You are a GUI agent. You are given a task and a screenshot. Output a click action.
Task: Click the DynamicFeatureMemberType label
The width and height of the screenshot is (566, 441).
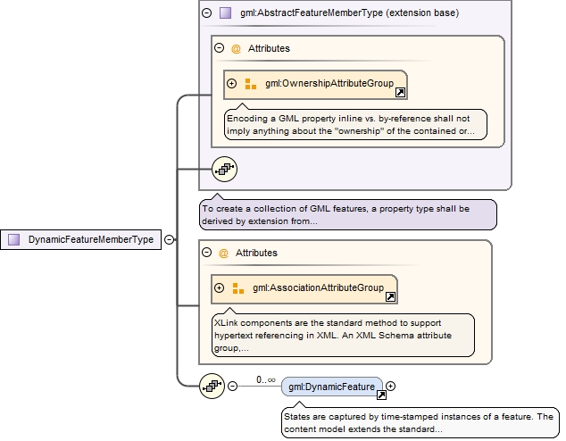(89, 239)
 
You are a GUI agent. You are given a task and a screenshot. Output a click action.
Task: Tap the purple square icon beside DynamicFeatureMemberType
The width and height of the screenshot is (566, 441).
(14, 239)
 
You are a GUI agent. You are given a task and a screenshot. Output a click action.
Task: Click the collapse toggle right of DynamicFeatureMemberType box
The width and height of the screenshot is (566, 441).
(169, 239)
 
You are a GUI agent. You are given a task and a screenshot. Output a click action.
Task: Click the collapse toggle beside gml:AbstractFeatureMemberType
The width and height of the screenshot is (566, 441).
(207, 13)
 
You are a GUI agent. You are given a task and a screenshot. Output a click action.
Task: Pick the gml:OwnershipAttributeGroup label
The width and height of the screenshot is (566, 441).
(329, 84)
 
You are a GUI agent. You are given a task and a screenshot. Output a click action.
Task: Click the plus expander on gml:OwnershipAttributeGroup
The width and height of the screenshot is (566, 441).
(232, 84)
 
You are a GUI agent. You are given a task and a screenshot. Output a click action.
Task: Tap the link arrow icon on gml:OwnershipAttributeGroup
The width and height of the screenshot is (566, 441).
(400, 92)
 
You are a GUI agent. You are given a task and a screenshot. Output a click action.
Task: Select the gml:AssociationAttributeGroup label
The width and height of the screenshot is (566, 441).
(317, 288)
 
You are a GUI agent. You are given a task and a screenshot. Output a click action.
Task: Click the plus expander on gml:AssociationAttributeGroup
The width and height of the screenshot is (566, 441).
(220, 288)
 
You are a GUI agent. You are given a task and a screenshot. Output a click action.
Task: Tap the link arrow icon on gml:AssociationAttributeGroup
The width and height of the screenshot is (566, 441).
(390, 296)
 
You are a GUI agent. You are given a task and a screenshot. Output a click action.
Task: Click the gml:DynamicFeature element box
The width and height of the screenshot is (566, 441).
(331, 387)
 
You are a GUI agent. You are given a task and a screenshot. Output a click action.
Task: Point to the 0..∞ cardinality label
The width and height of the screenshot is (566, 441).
(265, 379)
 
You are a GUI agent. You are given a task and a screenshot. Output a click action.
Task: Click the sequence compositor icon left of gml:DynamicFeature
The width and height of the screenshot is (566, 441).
(212, 386)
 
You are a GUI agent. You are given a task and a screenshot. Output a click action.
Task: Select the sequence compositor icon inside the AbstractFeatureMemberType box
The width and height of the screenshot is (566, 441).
(224, 168)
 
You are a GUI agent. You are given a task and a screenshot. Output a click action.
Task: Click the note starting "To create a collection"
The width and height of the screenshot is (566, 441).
(347, 214)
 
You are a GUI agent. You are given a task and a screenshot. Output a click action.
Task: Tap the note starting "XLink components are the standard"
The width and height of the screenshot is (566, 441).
(343, 335)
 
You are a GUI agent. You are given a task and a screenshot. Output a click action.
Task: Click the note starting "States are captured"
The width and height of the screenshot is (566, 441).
(418, 423)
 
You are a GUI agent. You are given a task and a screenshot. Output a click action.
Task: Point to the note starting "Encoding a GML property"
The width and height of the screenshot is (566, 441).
(355, 124)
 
